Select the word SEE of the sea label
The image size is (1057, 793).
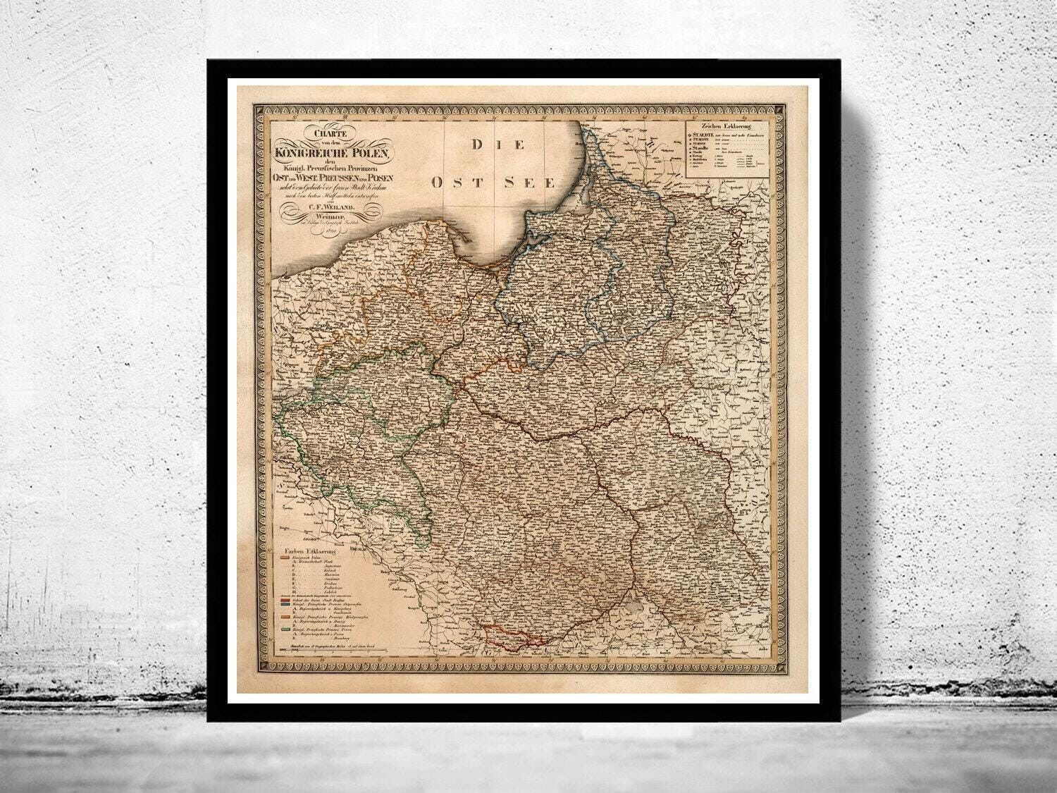[x=530, y=183]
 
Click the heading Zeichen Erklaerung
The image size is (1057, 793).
[x=726, y=125]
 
